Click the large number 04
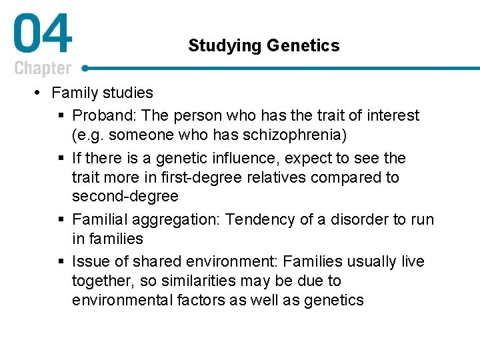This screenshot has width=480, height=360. [x=42, y=37]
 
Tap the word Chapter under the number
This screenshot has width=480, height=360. [x=42, y=68]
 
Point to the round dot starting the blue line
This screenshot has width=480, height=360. [x=85, y=68]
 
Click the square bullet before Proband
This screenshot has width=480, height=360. [x=61, y=116]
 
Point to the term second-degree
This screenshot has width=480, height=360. [x=125, y=196]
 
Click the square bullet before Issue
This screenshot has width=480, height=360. [x=61, y=262]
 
